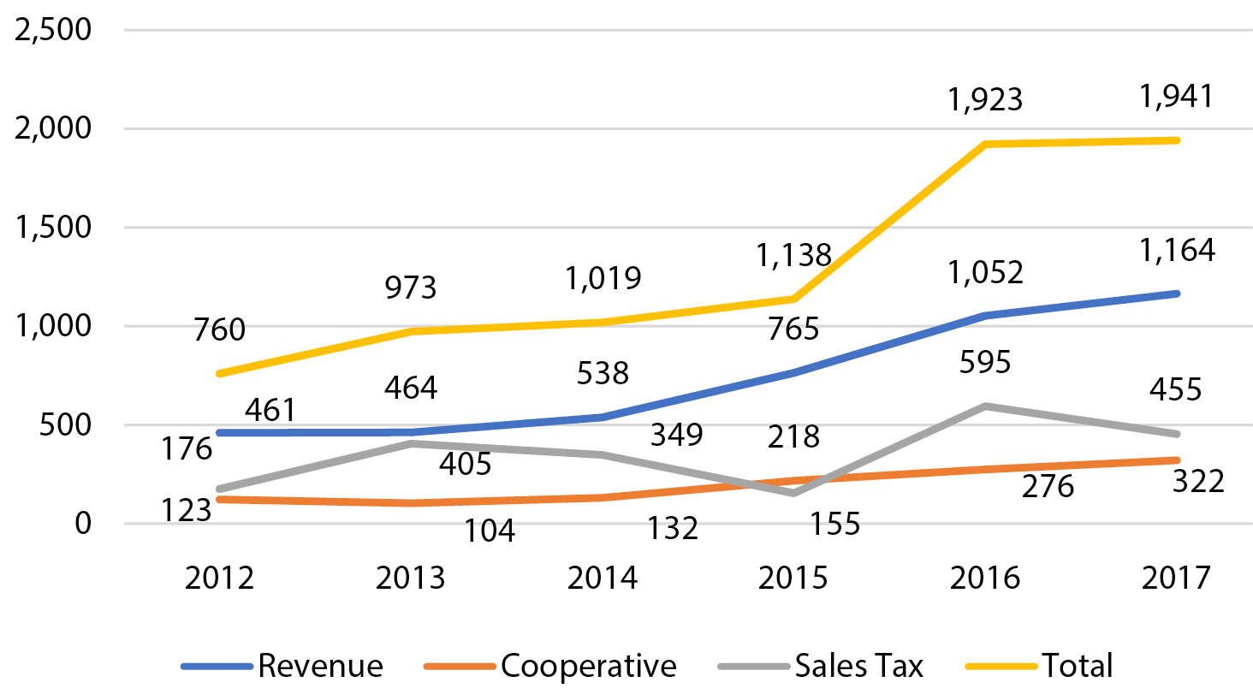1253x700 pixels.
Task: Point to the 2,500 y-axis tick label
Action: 53,30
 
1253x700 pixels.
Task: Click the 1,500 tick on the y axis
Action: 53,228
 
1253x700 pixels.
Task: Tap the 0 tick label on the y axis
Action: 82,523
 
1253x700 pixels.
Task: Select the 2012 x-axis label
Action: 220,578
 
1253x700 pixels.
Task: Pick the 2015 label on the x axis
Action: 793,578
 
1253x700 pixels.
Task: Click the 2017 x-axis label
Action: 1177,578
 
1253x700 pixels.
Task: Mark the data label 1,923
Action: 985,100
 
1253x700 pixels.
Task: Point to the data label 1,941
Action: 1177,96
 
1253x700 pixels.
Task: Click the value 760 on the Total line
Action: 220,329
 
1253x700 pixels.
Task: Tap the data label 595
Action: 985,362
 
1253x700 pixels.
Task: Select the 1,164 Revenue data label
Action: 1177,250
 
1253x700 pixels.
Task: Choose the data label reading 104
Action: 490,531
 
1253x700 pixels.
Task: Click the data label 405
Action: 466,464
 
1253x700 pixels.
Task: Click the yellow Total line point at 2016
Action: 985,144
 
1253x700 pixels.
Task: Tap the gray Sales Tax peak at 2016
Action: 985,406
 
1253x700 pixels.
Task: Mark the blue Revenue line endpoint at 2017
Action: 1177,294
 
